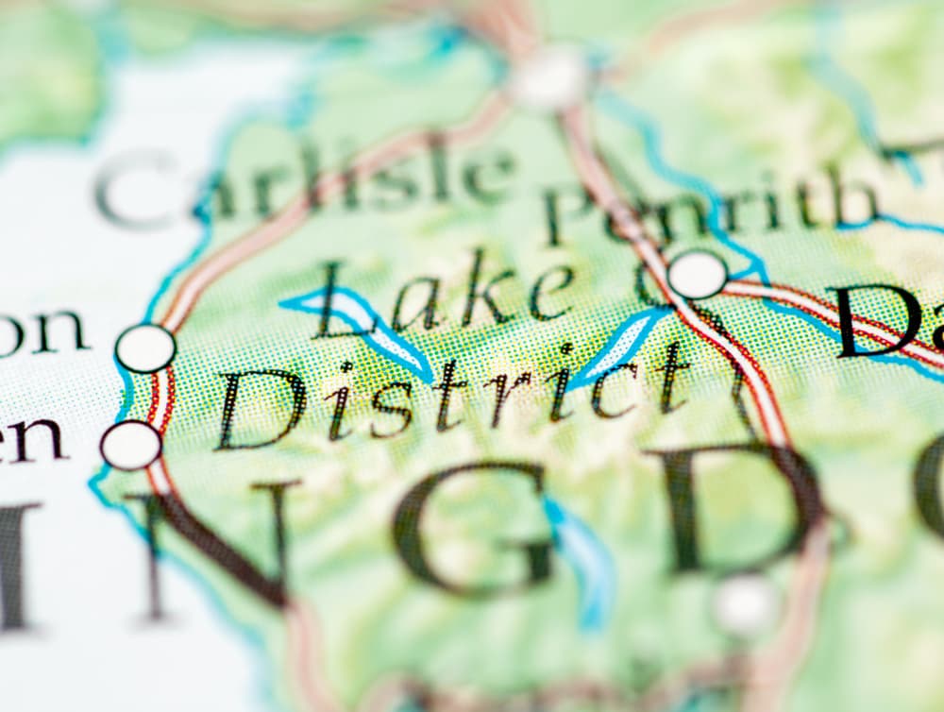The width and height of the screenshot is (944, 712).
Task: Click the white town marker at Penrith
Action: tap(698, 275)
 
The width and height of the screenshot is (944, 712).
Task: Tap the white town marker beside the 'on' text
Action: tap(145, 348)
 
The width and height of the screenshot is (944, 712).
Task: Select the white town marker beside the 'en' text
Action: tap(130, 445)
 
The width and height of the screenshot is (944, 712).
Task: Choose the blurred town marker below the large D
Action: tap(746, 604)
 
